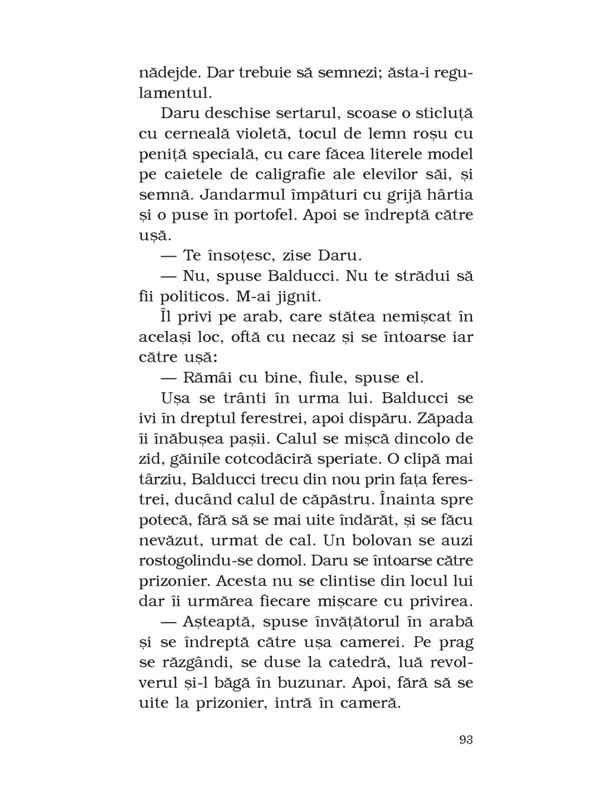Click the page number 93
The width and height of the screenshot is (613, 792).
pyautogui.click(x=466, y=740)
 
